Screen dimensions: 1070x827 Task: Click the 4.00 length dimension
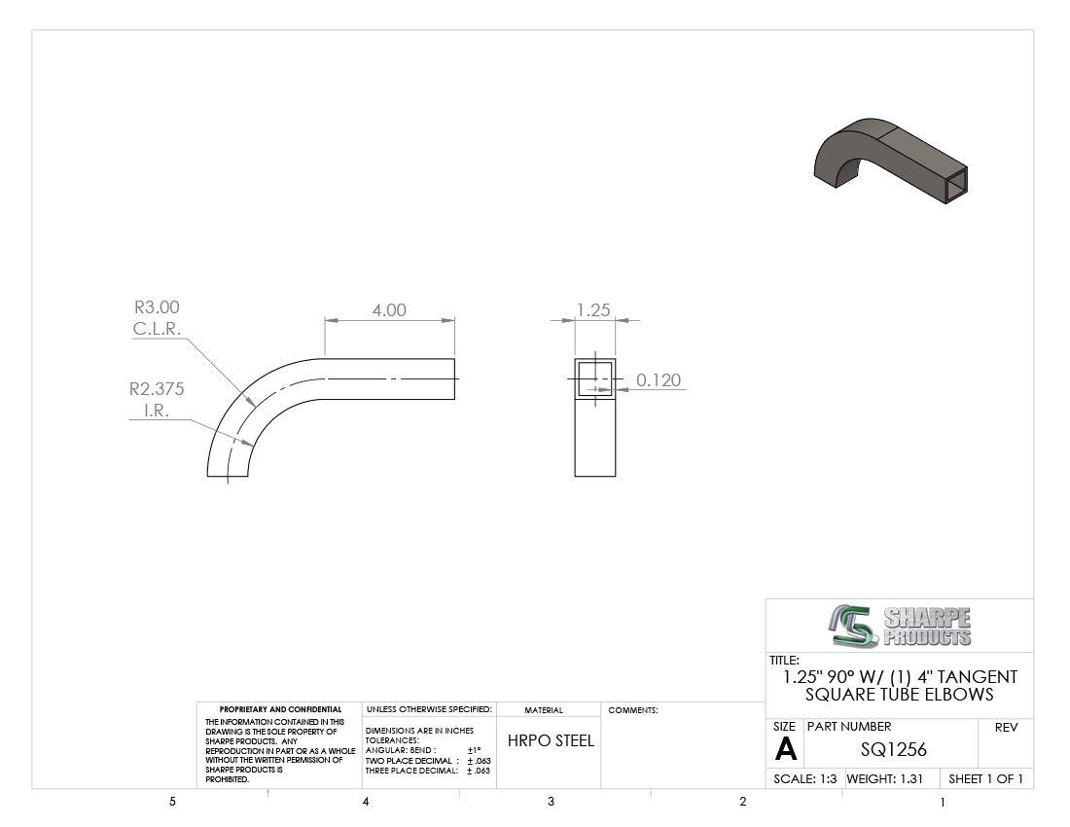(x=389, y=310)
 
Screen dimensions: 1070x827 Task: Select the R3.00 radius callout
(x=157, y=307)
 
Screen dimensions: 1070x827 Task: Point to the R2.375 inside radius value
(x=157, y=389)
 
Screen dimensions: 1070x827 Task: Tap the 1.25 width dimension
(x=593, y=310)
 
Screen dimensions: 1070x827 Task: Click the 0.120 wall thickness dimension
(x=659, y=380)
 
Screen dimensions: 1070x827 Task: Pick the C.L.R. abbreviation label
(x=157, y=329)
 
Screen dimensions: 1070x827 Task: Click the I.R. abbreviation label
(x=157, y=411)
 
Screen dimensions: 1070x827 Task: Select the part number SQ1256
(x=893, y=750)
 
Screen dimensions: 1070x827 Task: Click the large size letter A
(x=785, y=750)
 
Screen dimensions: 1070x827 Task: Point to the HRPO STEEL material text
(x=551, y=741)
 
